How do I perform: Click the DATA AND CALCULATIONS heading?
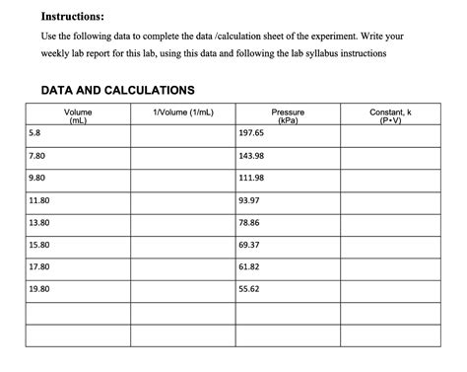coord(117,90)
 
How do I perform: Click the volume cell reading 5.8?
coord(35,132)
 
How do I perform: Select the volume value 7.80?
coord(38,156)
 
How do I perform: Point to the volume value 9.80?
coord(38,178)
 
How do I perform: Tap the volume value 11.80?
coord(40,200)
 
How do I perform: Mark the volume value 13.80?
coord(40,223)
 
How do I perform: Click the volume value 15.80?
coord(40,245)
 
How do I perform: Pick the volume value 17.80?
coord(40,267)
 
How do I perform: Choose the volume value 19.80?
coord(40,289)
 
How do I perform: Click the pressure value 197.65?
coord(252,132)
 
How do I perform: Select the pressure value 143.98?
coord(252,156)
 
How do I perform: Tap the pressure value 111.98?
coord(252,178)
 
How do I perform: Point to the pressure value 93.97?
coord(250,200)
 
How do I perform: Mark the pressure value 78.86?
coord(250,223)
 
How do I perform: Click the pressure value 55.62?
coord(250,289)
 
